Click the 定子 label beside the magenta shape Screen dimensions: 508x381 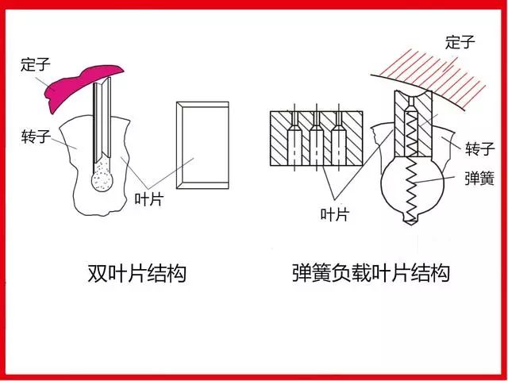click(37, 63)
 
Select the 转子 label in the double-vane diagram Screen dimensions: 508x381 click(36, 137)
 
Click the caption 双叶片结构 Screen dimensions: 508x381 click(136, 274)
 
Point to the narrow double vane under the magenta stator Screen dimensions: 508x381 click(101, 119)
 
